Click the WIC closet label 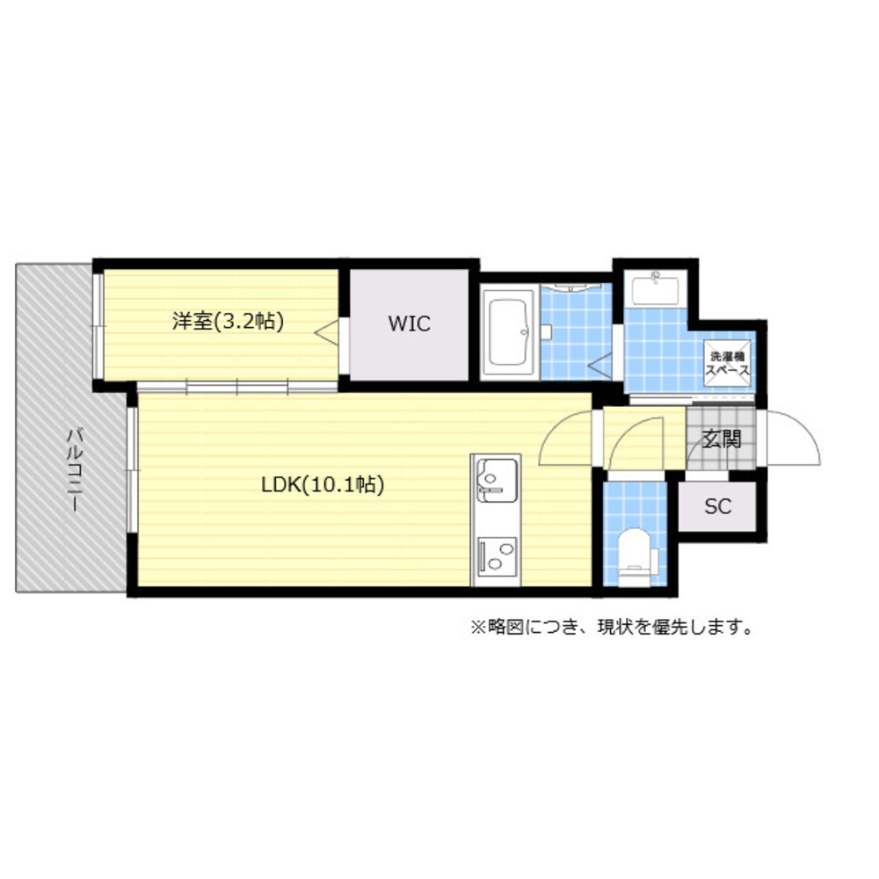pyautogui.click(x=410, y=324)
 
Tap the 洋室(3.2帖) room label pyautogui.click(x=229, y=321)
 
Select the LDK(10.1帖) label pyautogui.click(x=323, y=484)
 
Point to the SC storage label pyautogui.click(x=717, y=507)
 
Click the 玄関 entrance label pyautogui.click(x=723, y=439)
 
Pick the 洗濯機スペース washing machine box pyautogui.click(x=727, y=363)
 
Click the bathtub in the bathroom pyautogui.click(x=509, y=332)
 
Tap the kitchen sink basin pyautogui.click(x=496, y=480)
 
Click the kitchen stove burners pyautogui.click(x=497, y=556)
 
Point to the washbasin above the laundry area pyautogui.click(x=656, y=288)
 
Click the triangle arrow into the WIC pyautogui.click(x=326, y=332)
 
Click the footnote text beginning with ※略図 pyautogui.click(x=612, y=627)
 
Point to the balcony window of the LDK pyautogui.click(x=133, y=469)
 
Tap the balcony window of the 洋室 pyautogui.click(x=98, y=325)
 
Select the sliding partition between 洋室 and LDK pyautogui.click(x=237, y=387)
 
